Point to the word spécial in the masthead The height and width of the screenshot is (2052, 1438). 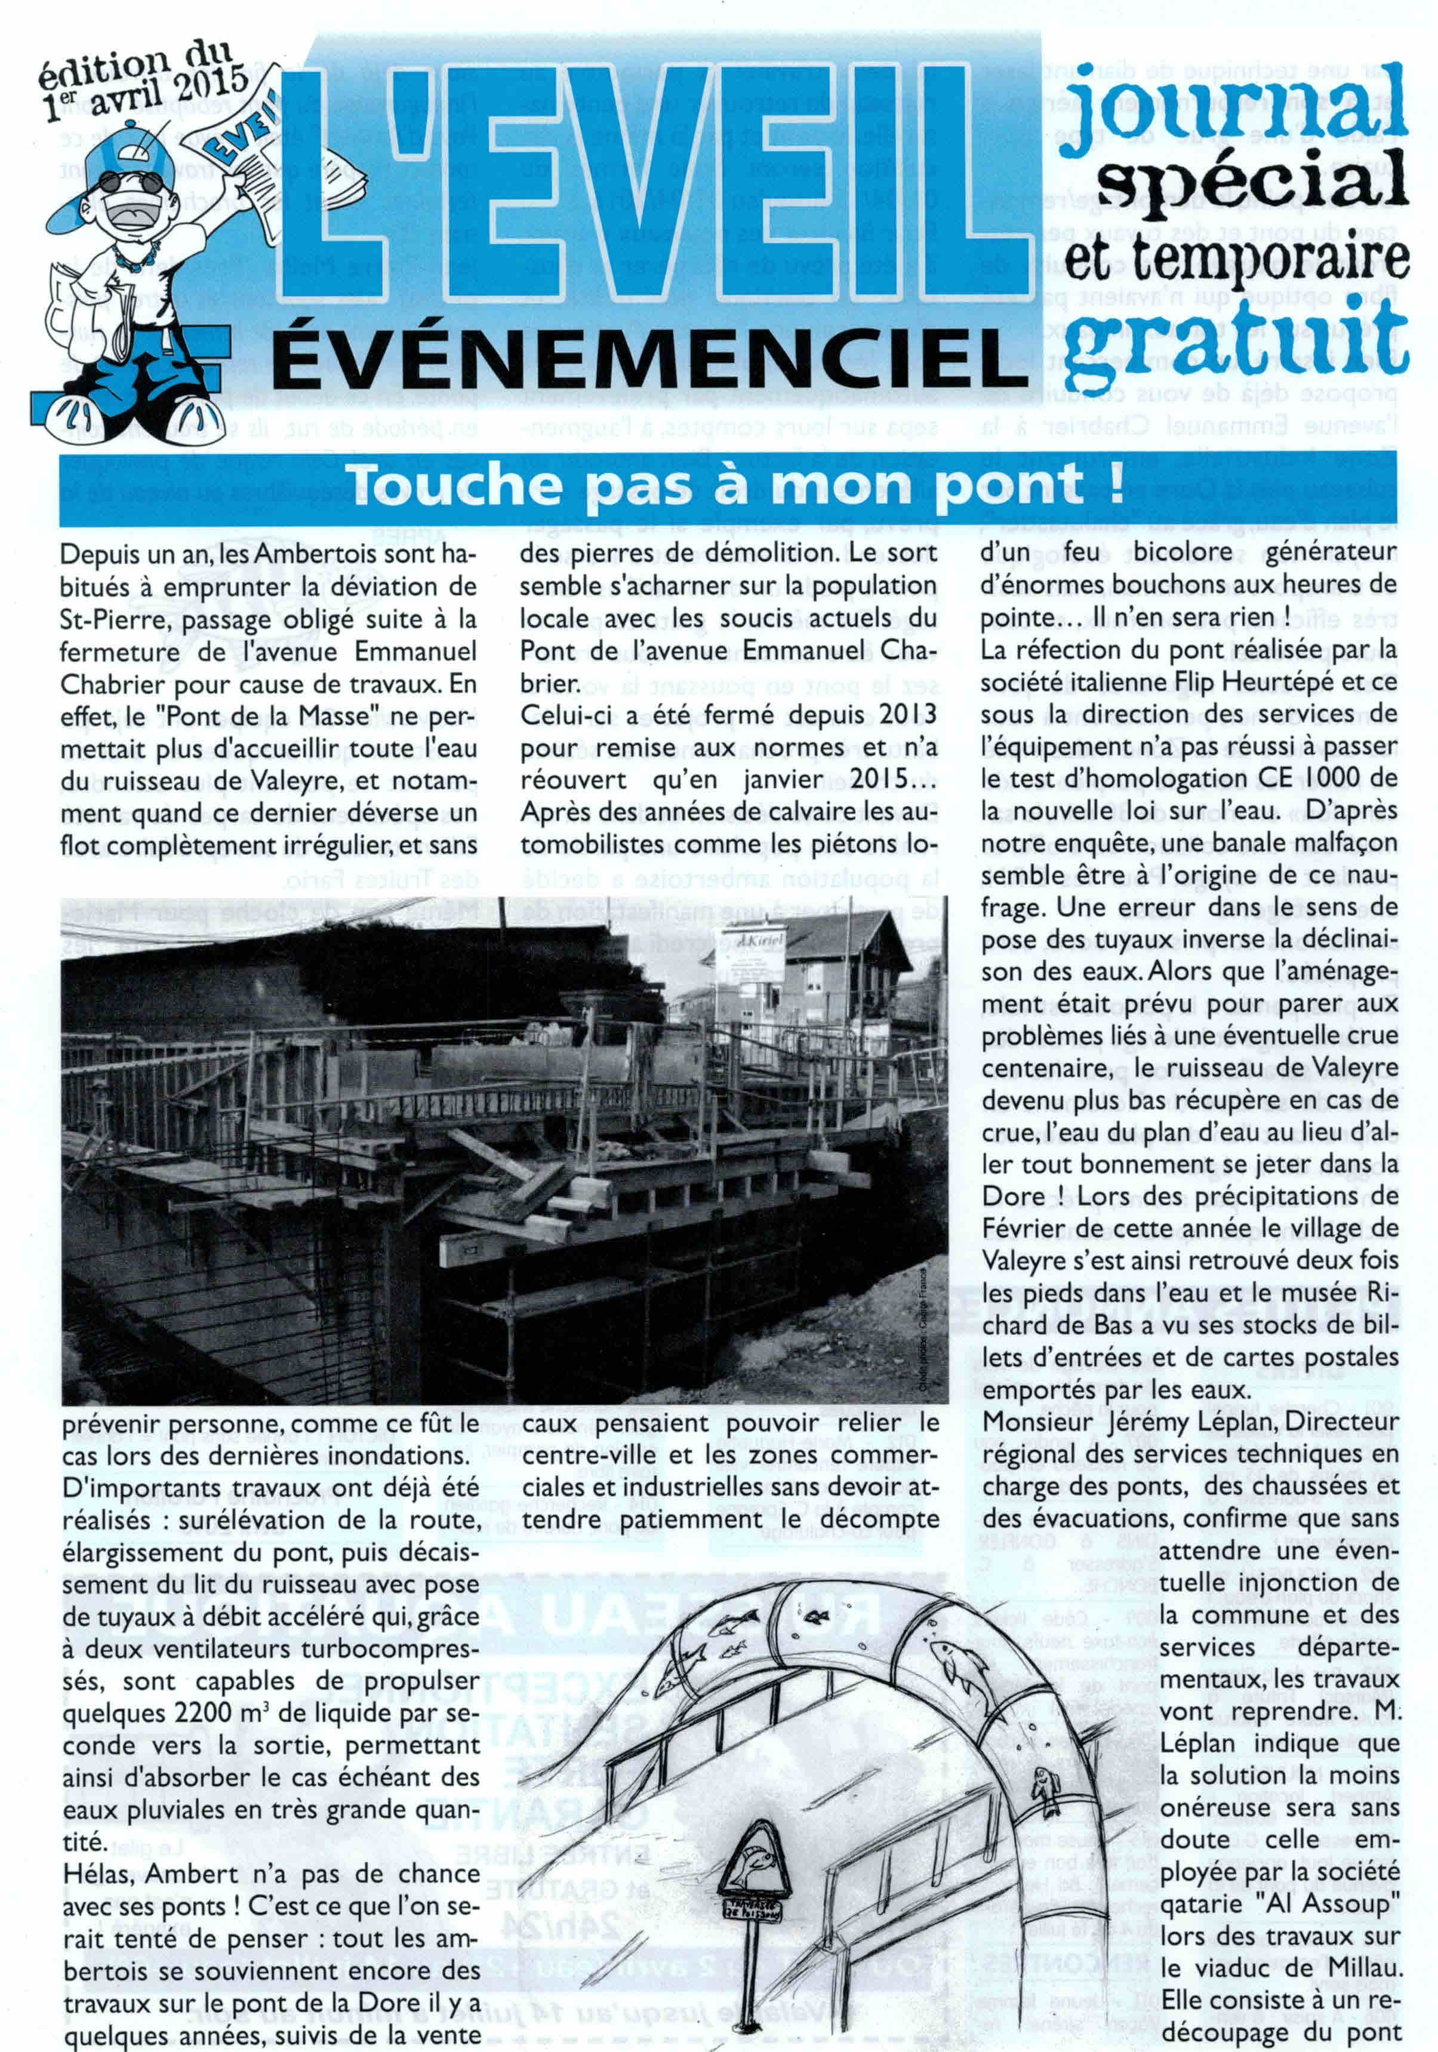pyautogui.click(x=1251, y=176)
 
